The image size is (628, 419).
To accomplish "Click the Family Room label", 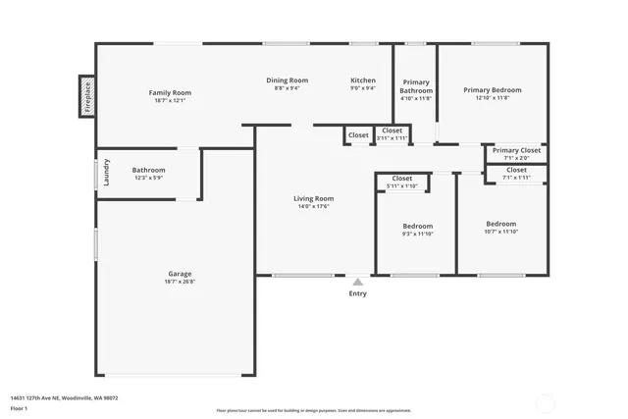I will click(170, 92).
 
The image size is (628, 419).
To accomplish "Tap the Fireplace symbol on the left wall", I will click(86, 96).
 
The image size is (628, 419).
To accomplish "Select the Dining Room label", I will click(288, 79).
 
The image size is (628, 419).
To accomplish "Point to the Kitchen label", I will click(363, 79).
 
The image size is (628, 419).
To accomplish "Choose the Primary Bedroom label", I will click(493, 89).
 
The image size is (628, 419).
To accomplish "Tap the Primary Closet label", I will click(516, 150).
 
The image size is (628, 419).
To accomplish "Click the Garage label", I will click(180, 274).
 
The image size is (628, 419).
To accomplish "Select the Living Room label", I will click(314, 198).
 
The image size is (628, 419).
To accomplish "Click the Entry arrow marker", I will click(358, 281).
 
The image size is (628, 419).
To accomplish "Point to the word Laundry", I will click(107, 172).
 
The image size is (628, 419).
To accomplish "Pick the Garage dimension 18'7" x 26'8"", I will click(180, 282).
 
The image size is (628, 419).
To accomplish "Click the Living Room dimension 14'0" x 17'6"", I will click(314, 206).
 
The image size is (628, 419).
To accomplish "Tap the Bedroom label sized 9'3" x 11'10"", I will click(417, 226).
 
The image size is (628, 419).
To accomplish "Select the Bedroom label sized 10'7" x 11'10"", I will click(501, 223).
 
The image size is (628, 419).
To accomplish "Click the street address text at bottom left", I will click(64, 397).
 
